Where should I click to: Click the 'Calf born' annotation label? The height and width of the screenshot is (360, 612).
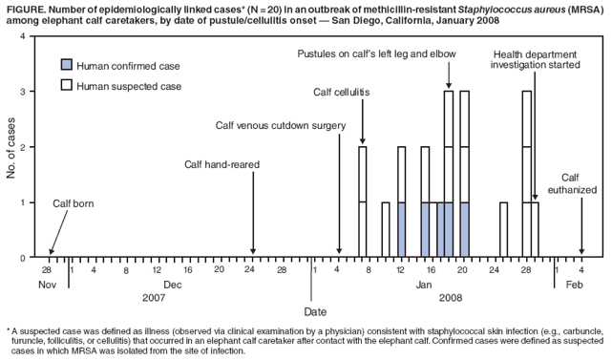pos(74,203)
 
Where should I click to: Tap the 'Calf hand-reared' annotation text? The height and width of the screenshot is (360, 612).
pos(222,164)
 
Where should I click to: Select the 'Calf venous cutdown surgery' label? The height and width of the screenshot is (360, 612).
pos(280,125)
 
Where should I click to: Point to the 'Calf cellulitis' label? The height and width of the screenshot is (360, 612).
pos(342,93)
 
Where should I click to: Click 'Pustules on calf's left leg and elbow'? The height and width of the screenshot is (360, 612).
pos(376,53)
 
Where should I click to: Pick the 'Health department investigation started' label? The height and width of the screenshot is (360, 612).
pos(536,60)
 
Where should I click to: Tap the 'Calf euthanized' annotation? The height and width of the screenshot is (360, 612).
pos(570,183)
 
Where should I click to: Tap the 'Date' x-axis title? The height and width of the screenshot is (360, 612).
pos(314,311)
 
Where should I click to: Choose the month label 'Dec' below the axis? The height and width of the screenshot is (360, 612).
pos(173,285)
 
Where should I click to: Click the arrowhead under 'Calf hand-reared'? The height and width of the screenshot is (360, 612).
pos(253,252)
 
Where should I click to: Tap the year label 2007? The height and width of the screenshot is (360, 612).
pos(155,298)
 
